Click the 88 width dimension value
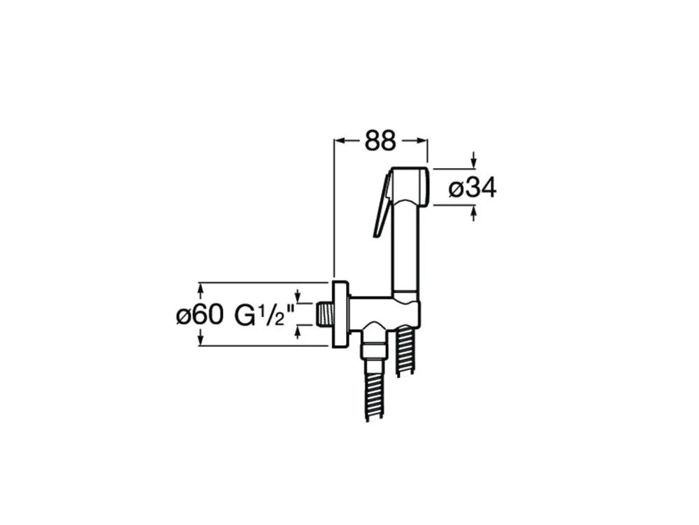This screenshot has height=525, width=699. coord(380,141)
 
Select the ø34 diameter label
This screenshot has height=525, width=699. coord(473,188)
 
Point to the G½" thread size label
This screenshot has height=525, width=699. coord(264,315)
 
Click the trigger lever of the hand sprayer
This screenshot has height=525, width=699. coord(382,205)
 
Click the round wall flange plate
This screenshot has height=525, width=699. coord(340,314)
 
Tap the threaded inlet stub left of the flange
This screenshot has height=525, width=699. coord(324,314)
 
